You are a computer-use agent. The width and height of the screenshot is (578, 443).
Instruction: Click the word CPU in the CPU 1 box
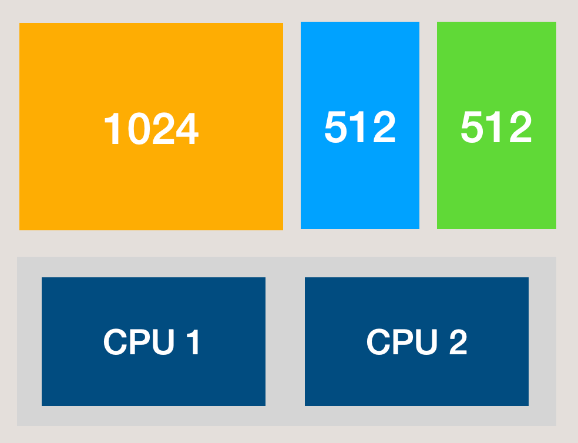139,342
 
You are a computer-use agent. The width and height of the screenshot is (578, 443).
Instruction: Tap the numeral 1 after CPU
193,342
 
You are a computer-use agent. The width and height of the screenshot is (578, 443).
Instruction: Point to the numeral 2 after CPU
458,342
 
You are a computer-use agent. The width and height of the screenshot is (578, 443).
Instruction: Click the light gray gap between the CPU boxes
285,341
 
